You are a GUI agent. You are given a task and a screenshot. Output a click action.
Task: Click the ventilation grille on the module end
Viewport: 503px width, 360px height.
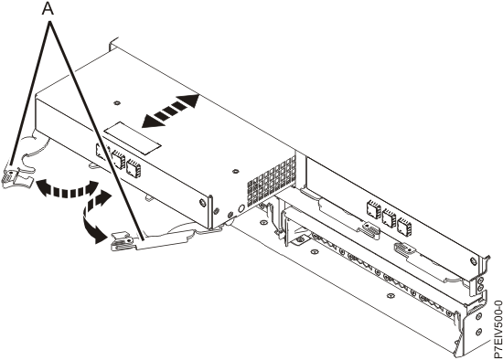pos(272,179)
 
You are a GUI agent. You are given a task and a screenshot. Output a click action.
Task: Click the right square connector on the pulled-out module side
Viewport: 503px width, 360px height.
pos(134,167)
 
